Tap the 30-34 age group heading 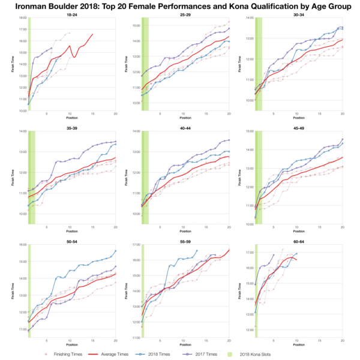(x=298, y=14)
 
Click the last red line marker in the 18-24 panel (x=92, y=34)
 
